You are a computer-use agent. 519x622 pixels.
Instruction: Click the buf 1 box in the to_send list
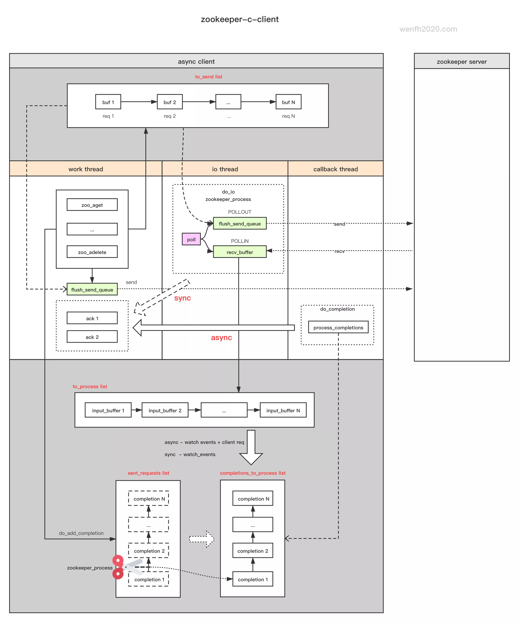108,102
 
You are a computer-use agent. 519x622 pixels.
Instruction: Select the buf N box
288,102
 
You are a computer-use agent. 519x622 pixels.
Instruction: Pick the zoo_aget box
92,205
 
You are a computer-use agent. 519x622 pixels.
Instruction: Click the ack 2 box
92,337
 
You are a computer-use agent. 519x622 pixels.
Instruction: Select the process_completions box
338,327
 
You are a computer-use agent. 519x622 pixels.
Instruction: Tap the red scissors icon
121,567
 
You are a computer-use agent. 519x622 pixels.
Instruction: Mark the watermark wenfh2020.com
428,29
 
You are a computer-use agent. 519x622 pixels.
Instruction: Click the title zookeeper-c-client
240,19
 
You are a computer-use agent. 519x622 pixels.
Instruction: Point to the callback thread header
335,169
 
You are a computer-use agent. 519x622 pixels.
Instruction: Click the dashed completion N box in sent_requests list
149,499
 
